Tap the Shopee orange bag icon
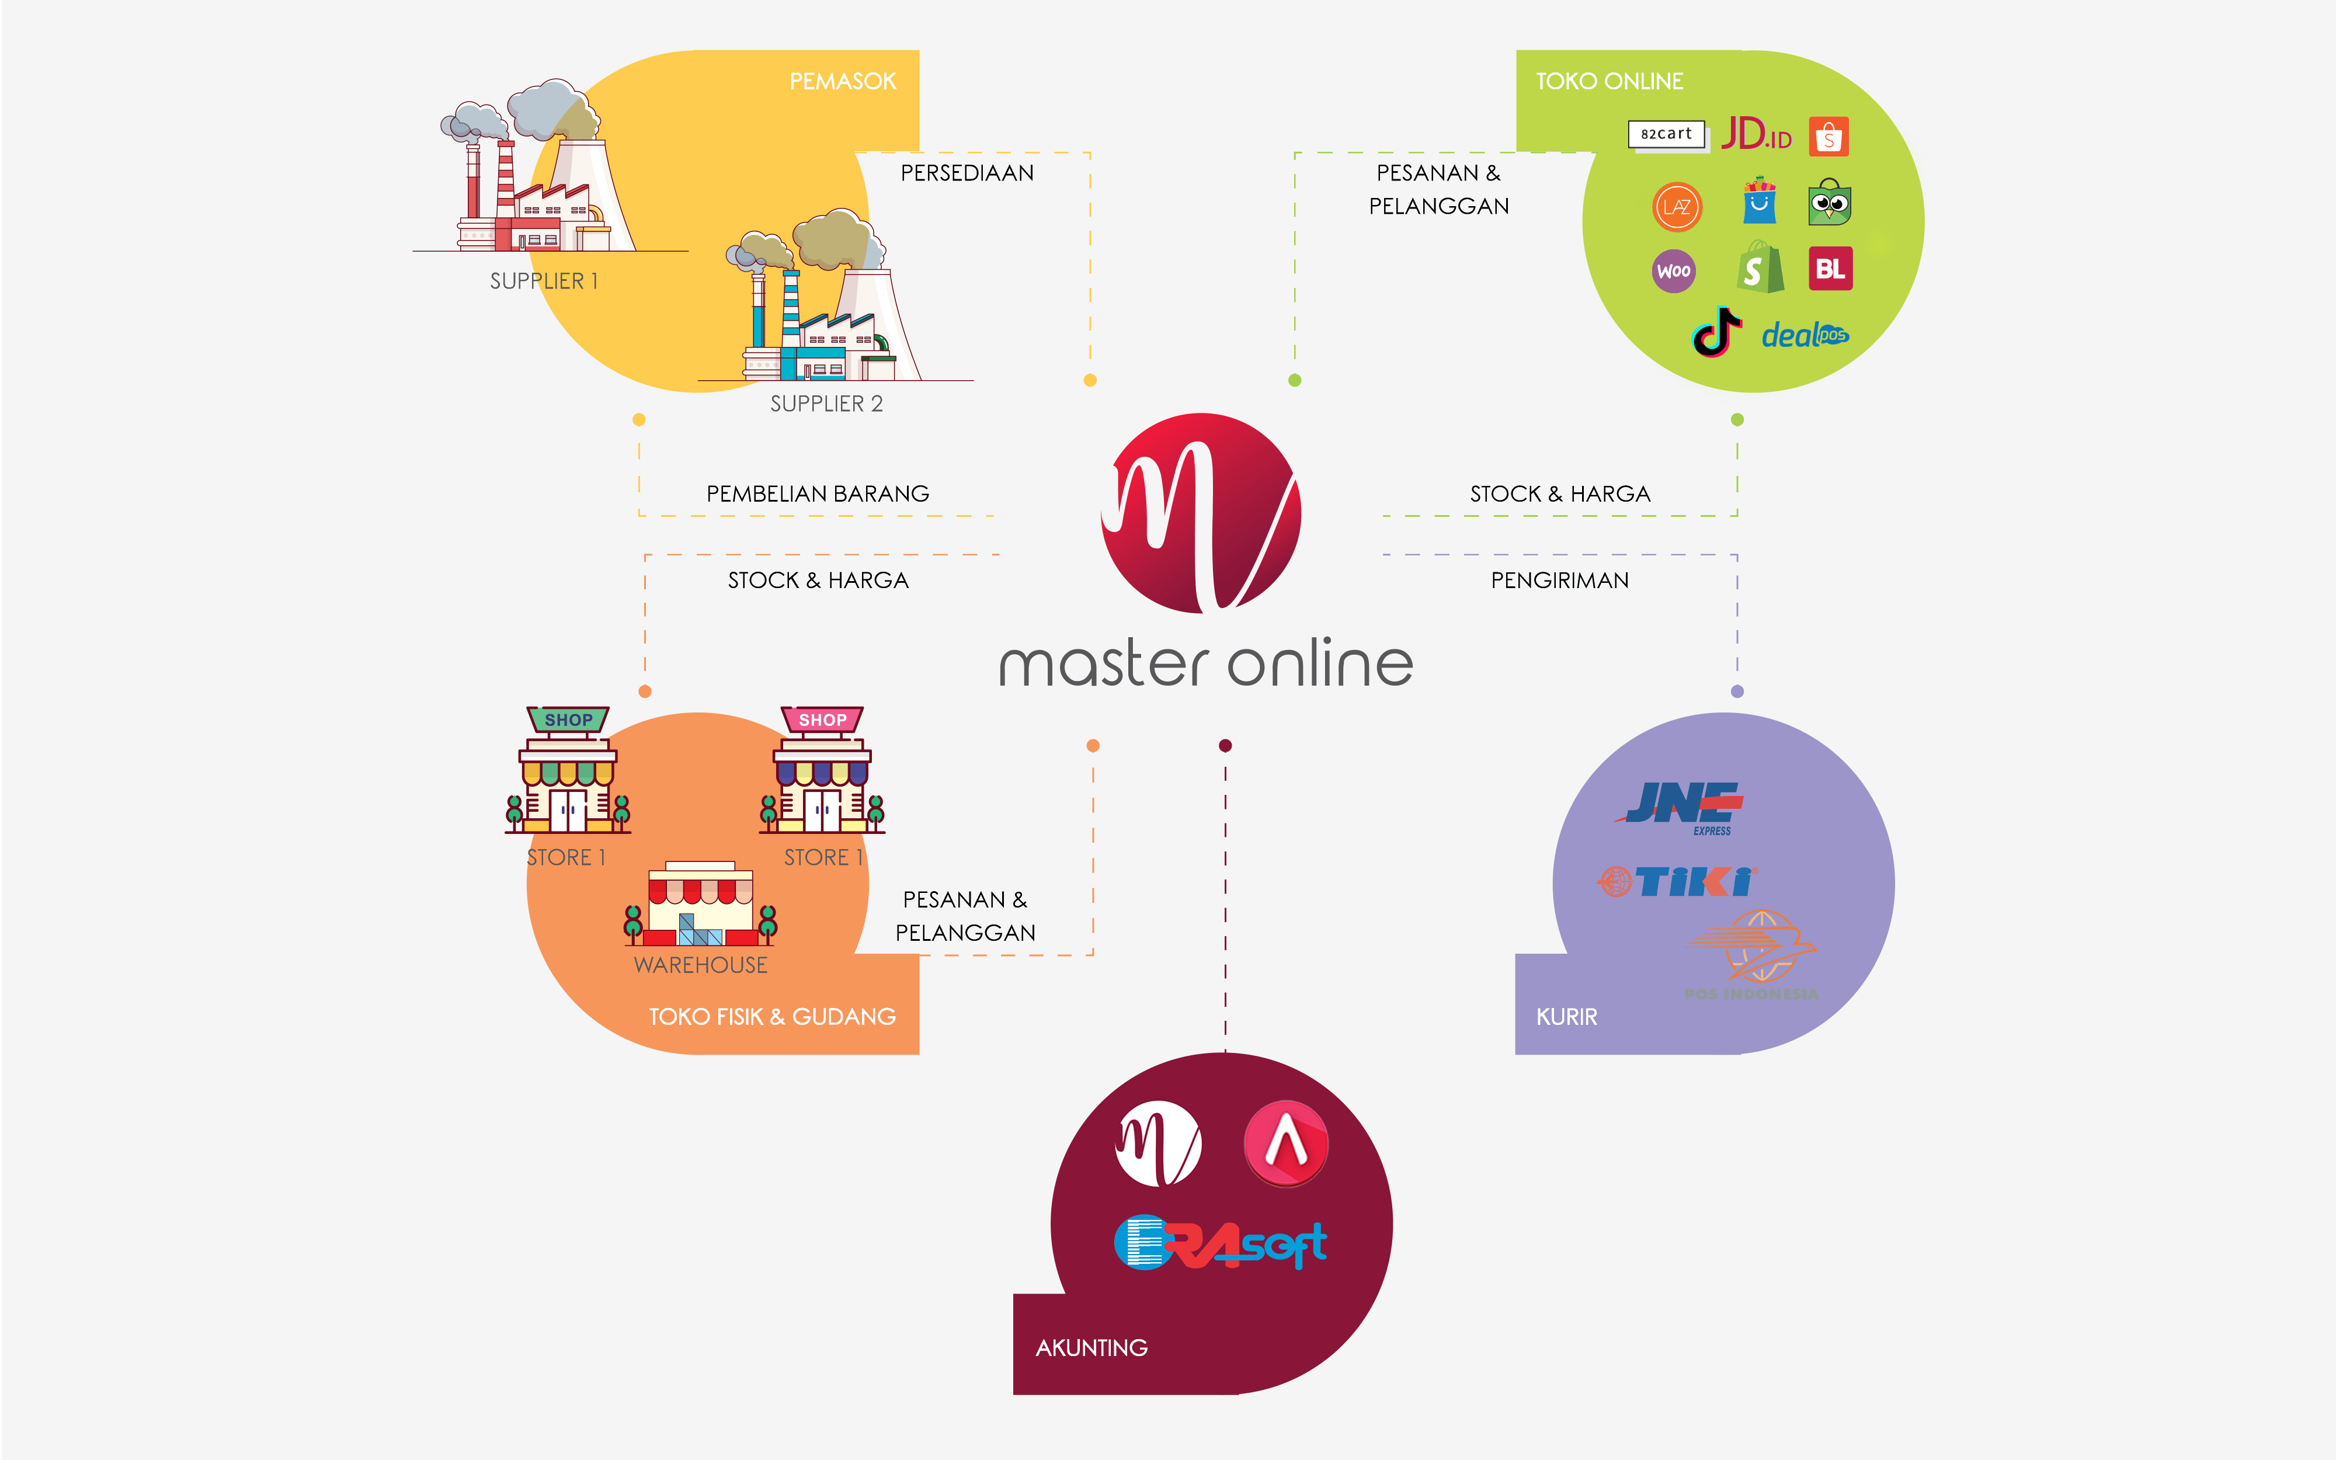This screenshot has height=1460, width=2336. [x=1829, y=136]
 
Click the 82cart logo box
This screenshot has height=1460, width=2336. [x=1666, y=134]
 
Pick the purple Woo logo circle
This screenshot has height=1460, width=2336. [x=1674, y=270]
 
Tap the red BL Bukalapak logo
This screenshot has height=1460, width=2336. [x=1830, y=269]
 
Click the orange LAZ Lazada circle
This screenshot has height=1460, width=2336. [x=1677, y=206]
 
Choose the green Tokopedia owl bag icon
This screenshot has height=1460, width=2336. [x=1829, y=202]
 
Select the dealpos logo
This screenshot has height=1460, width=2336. [x=1804, y=335]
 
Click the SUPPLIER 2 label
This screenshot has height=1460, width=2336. [x=826, y=404]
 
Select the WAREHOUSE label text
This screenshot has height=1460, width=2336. [x=701, y=965]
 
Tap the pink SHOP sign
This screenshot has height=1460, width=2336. [x=822, y=720]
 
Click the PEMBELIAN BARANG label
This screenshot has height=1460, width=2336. [x=818, y=493]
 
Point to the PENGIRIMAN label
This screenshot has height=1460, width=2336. [x=1560, y=580]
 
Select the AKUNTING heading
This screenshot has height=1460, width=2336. [x=1091, y=1347]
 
